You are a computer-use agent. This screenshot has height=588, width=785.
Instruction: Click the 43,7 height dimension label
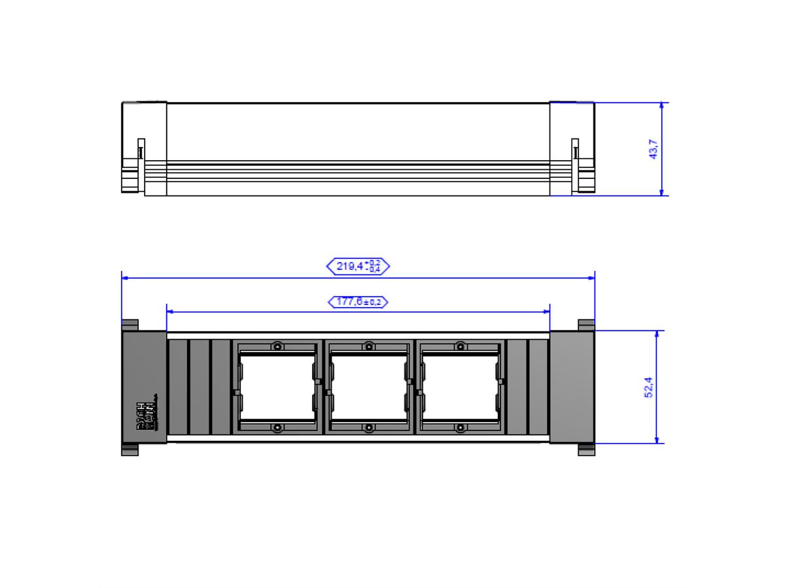[652, 150]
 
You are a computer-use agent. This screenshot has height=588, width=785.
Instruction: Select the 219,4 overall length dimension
[358, 266]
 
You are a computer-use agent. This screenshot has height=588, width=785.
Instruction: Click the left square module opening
[277, 387]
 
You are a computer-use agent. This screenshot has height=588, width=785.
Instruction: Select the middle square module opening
[369, 387]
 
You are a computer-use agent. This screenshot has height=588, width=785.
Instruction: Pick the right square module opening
[461, 387]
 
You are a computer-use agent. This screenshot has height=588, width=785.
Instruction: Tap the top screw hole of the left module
[277, 346]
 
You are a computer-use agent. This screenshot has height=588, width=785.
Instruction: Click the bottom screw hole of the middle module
[369, 428]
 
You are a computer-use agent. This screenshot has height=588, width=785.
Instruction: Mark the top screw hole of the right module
[461, 346]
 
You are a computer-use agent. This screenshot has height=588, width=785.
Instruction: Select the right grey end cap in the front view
[572, 387]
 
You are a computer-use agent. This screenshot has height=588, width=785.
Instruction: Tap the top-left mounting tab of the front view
[130, 325]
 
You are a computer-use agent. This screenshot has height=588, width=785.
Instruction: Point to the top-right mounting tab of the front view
[585, 325]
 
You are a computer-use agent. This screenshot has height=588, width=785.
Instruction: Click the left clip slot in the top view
[140, 150]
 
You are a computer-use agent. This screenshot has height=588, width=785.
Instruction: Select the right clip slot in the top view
[575, 150]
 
